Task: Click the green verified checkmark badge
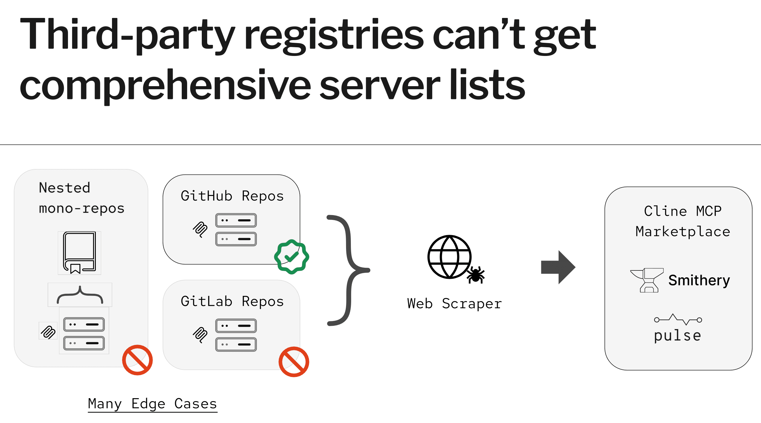click(292, 257)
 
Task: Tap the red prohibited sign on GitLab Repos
click(294, 362)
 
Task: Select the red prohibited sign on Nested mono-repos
click(137, 360)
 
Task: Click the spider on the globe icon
click(476, 275)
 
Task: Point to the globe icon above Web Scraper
click(449, 257)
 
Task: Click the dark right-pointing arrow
click(558, 267)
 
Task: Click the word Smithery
click(699, 280)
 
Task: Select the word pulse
click(677, 336)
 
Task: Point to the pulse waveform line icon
click(678, 319)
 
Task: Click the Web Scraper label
click(454, 304)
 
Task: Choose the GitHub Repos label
click(232, 196)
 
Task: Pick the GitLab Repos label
click(232, 301)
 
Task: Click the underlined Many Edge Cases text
click(152, 404)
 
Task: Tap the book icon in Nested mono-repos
click(79, 253)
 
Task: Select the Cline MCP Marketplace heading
click(683, 221)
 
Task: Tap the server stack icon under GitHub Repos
click(236, 230)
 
